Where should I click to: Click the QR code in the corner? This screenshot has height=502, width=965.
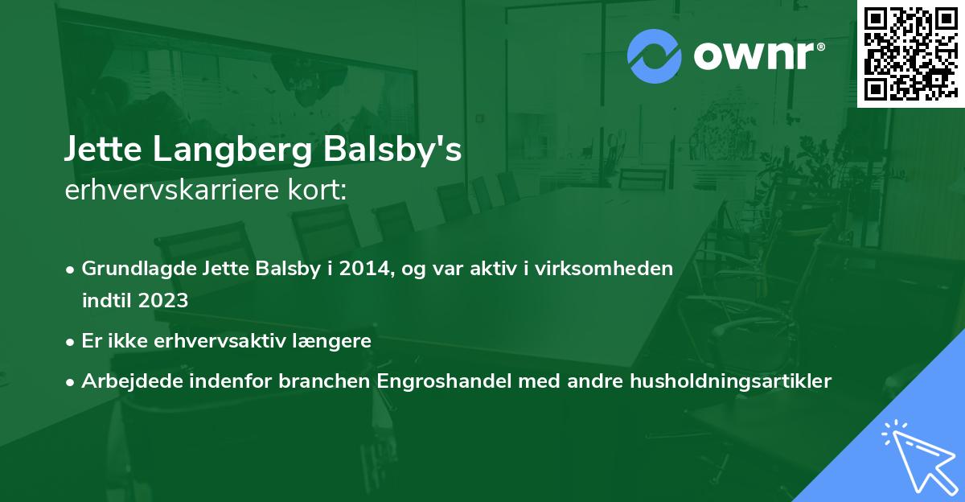910,53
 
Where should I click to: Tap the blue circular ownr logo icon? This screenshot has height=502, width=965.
655,56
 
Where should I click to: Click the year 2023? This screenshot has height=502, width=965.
164,301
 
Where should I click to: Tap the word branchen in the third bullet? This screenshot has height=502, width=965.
326,381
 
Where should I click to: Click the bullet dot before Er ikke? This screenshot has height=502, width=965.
72,342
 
